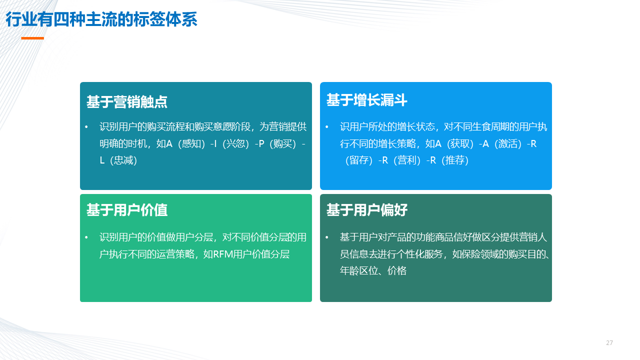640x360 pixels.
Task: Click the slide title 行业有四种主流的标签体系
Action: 101,19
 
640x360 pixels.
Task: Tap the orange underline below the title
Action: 32,38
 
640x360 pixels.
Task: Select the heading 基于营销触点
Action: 127,102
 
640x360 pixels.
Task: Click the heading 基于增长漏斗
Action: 367,100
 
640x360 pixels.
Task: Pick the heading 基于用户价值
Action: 127,210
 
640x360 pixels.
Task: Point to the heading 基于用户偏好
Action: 367,210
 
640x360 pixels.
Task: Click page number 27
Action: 609,342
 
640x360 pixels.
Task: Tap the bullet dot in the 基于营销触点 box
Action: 86,127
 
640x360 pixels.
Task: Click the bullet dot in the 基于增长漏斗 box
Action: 327,127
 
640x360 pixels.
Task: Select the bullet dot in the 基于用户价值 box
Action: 86,237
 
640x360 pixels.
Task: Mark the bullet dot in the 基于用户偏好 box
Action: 327,237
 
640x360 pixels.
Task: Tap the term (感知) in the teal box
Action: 191,143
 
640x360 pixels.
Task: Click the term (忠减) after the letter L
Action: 123,160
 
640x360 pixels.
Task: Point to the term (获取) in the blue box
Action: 460,143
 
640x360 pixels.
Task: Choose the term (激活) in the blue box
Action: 508,143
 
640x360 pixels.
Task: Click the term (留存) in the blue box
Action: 359,160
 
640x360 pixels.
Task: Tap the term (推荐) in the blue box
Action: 455,160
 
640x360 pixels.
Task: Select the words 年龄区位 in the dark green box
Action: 358,270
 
